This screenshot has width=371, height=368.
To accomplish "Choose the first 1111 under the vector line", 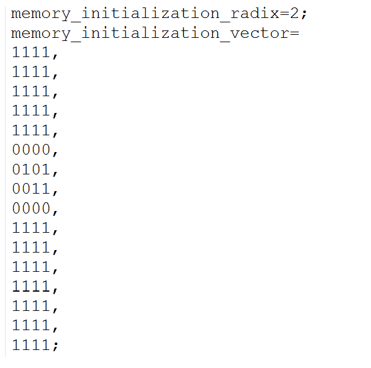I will tap(30, 52).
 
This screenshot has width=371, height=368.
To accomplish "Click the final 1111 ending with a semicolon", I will tap(30, 345).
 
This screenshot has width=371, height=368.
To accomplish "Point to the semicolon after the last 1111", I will tap(55, 346).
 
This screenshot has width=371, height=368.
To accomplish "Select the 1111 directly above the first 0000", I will tap(30, 130).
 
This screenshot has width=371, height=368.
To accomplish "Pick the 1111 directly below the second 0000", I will tap(30, 228).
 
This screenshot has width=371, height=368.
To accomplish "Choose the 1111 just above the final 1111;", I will tap(30, 326).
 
